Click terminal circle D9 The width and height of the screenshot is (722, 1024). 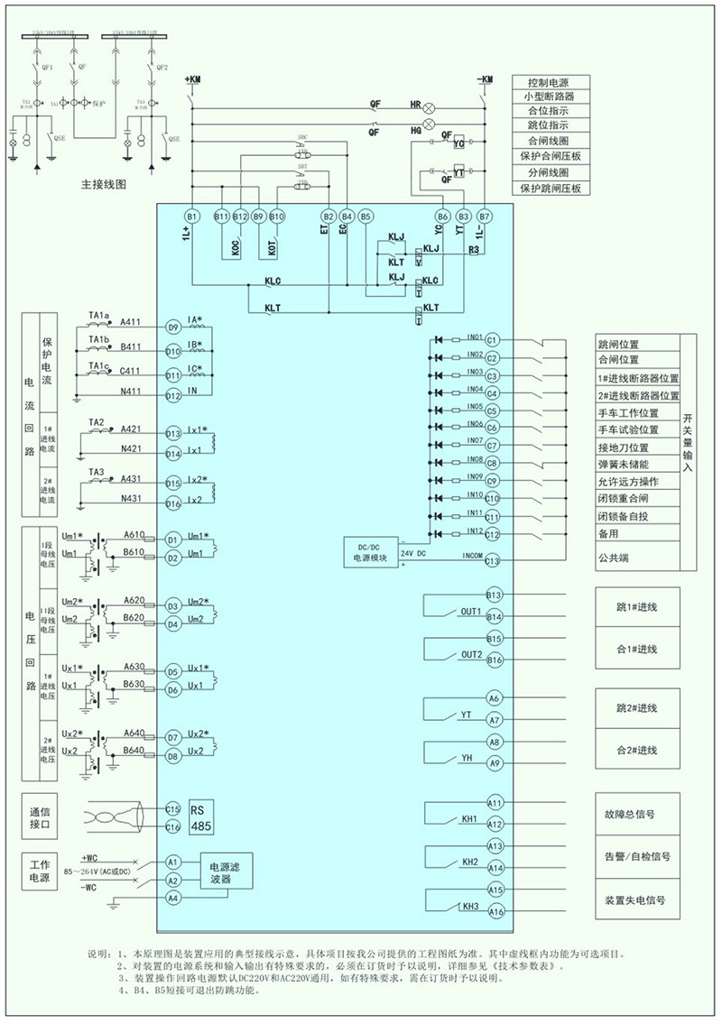coord(173,327)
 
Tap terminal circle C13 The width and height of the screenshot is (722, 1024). coord(492,561)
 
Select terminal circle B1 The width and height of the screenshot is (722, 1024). coord(191,217)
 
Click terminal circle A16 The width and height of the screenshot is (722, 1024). coord(495,912)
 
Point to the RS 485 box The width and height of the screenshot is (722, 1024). coord(201,817)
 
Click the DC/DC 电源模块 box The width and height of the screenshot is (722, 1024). coord(370,553)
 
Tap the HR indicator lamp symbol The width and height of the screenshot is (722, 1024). coord(430,106)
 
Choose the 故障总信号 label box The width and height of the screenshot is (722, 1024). coord(636,813)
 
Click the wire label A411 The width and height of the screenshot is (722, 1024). coord(131,322)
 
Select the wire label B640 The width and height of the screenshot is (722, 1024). coord(134,751)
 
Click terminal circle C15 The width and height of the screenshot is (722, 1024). coord(173,809)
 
